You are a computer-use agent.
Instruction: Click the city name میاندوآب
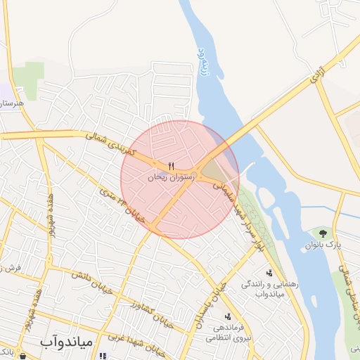[65, 343]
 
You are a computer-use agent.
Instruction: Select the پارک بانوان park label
[323, 245]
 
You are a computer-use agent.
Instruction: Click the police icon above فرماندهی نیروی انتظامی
[227, 316]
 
